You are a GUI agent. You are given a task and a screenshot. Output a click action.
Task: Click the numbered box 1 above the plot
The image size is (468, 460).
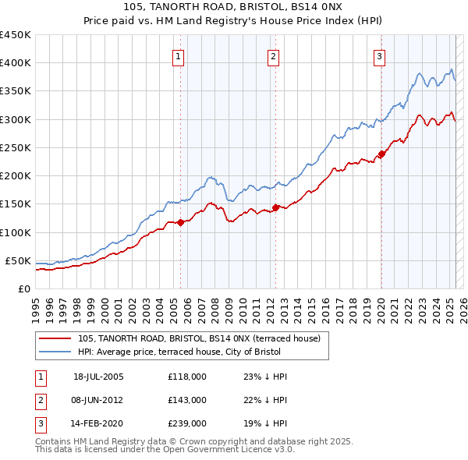point(179,55)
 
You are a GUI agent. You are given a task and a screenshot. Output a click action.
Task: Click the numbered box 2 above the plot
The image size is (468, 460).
point(274,55)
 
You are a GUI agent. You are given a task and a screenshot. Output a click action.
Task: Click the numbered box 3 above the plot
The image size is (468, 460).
point(379,55)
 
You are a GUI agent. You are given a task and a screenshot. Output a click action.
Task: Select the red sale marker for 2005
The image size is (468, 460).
point(180,222)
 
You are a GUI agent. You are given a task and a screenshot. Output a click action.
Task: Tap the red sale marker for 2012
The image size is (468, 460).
point(275,207)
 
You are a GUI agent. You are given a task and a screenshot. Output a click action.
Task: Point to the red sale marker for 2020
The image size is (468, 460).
point(381,154)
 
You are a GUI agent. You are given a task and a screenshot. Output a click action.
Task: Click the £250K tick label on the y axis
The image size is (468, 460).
point(15,147)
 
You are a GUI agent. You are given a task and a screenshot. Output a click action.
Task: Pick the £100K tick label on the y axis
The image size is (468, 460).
point(15,232)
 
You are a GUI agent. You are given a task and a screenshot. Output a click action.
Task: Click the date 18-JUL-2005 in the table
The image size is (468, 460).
point(98,377)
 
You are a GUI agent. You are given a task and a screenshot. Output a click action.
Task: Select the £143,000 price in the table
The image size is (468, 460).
point(187,400)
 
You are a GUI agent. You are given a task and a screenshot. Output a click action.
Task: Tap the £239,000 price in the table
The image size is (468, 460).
point(187,423)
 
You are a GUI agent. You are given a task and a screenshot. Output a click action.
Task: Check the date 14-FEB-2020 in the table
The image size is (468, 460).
point(98,423)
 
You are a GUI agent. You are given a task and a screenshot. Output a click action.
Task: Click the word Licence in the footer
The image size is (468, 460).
point(236,450)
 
